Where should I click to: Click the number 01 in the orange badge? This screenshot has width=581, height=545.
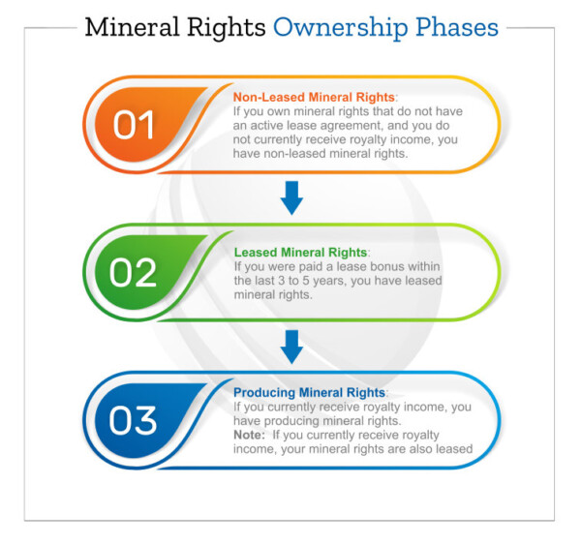coord(134,125)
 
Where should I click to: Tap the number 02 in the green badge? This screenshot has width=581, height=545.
coord(133,273)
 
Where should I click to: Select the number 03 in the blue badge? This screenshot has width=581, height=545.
coord(133,420)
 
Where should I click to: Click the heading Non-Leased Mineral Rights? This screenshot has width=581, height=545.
coord(314,97)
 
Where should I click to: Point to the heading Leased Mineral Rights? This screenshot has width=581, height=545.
coord(300,253)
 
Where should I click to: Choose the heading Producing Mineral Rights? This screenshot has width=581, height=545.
coord(310,392)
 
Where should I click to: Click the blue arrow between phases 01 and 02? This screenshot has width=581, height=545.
coord(291,197)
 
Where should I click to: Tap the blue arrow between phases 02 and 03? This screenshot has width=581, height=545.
coord(291,347)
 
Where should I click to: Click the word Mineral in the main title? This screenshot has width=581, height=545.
coord(133,27)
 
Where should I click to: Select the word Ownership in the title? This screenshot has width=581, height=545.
coord(340,28)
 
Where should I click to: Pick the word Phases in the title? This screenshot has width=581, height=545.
coord(457,27)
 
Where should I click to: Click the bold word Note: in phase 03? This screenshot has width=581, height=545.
coord(250,435)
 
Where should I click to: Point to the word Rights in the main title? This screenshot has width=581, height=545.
coord(226,28)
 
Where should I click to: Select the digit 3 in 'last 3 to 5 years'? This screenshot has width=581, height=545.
coord(282,281)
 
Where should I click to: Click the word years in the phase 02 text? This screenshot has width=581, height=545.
coord(330,281)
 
